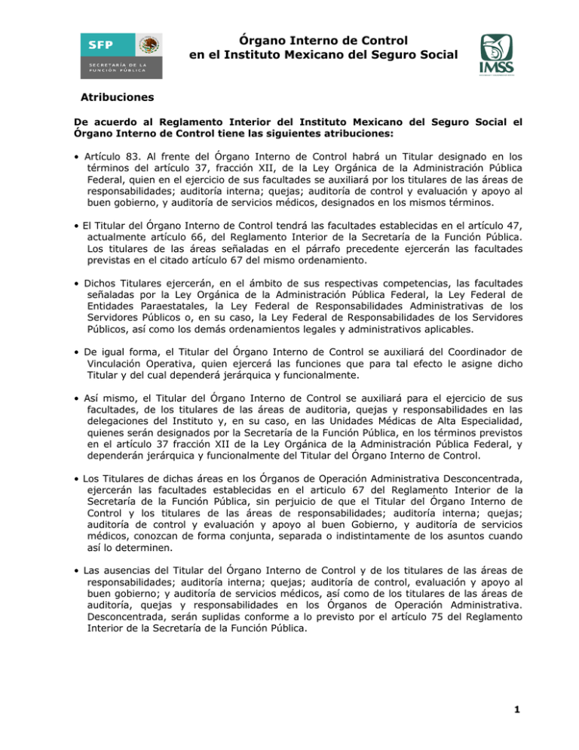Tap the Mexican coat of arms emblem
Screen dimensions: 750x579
coord(151,44)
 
